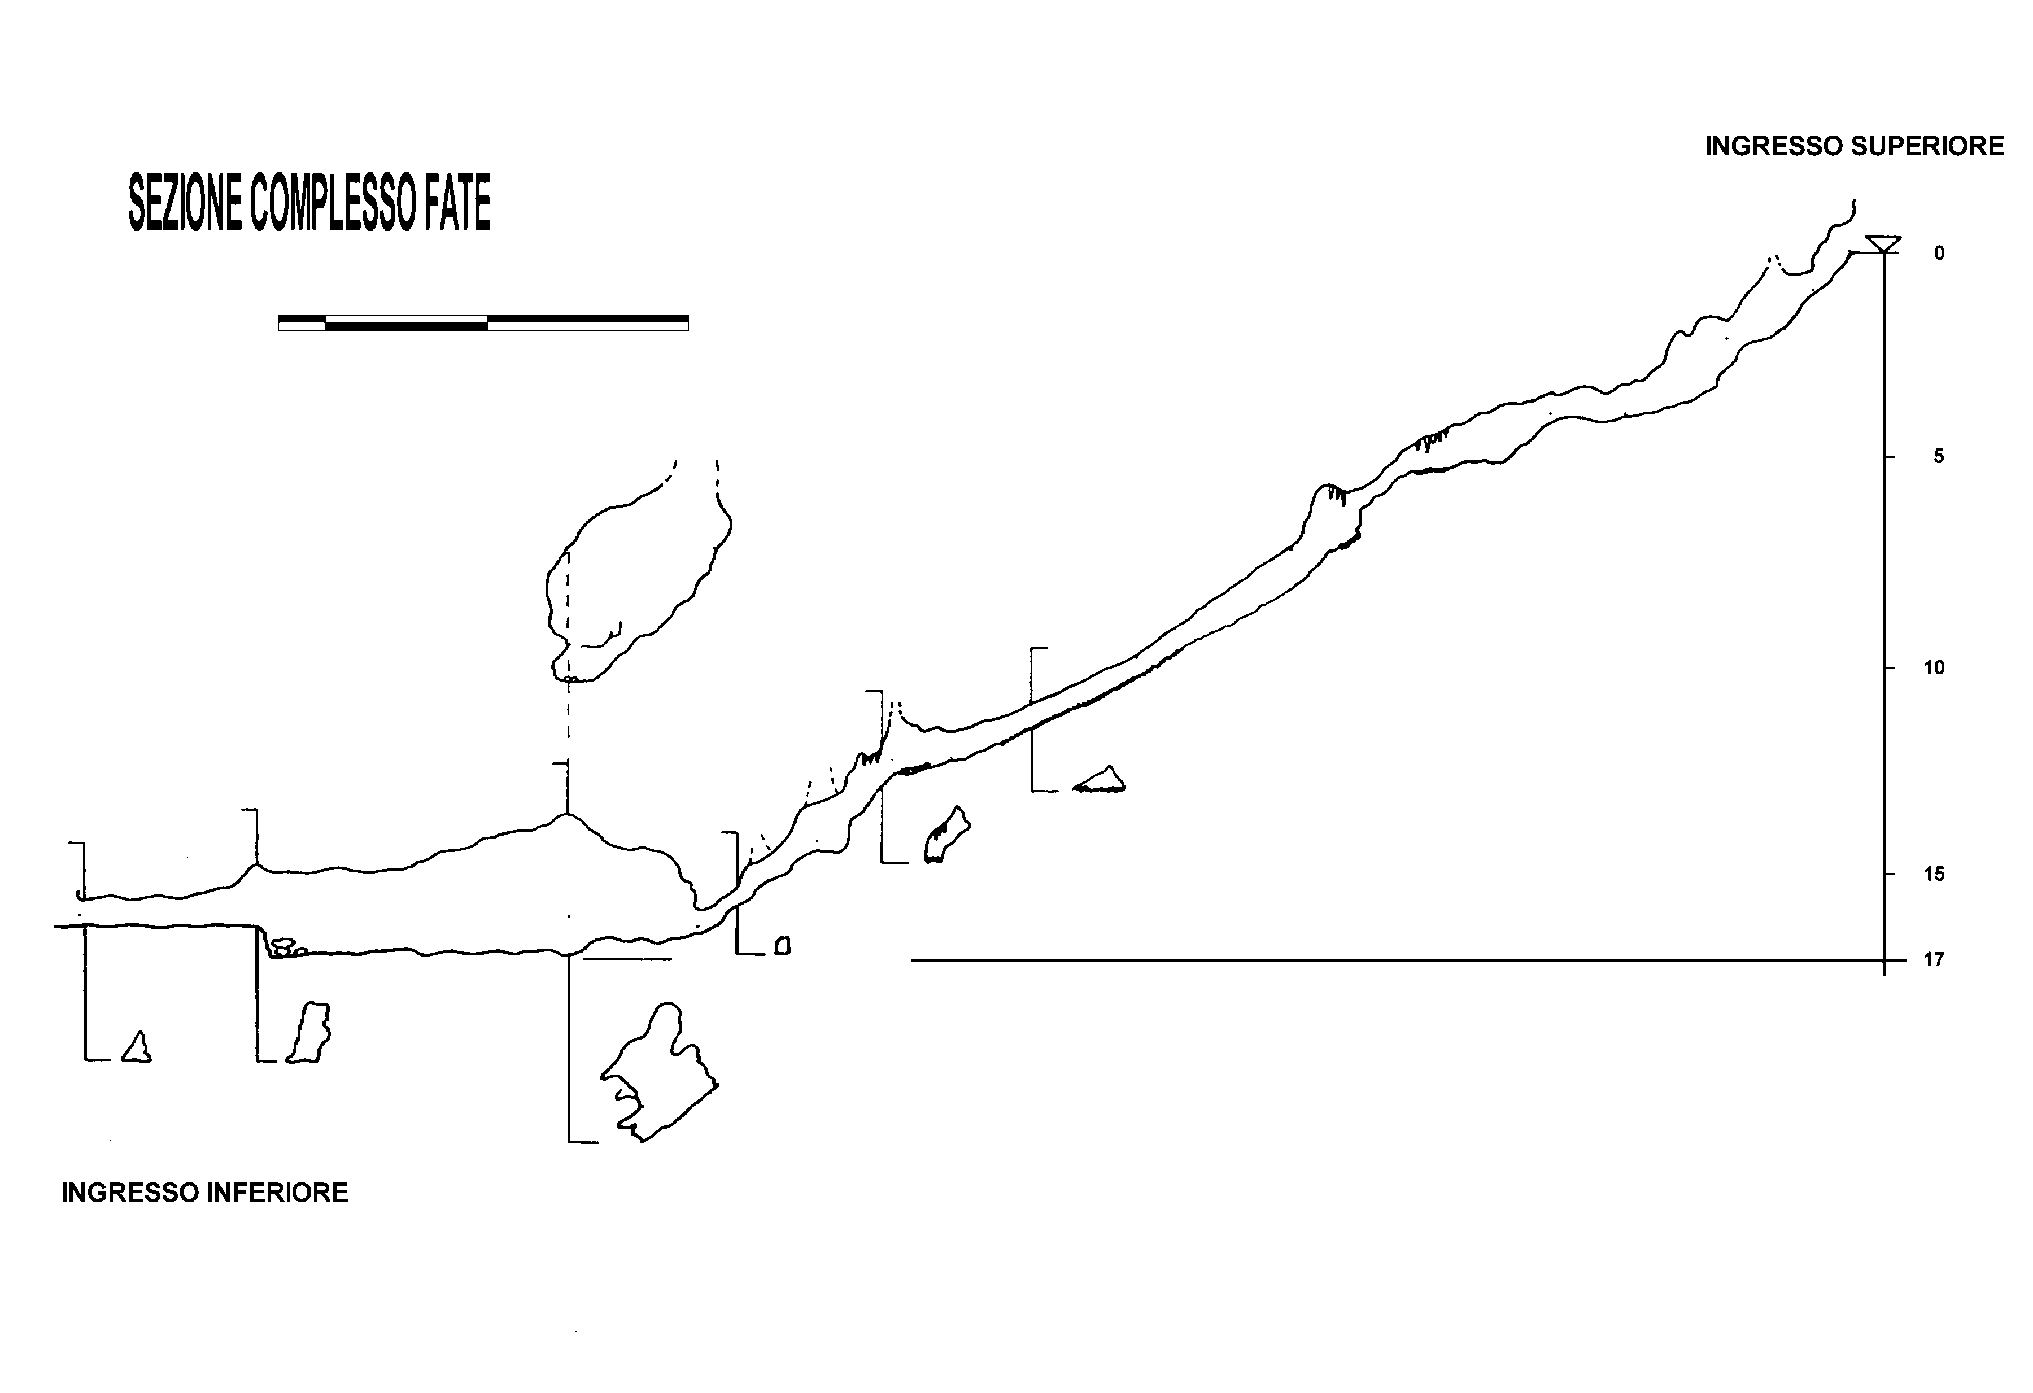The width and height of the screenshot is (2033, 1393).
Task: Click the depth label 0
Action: click(x=1939, y=254)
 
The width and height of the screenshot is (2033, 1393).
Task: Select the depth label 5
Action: click(x=1939, y=456)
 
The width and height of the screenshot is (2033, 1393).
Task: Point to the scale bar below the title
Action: click(x=483, y=322)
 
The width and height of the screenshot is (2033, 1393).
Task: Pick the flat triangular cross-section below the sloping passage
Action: click(x=1101, y=779)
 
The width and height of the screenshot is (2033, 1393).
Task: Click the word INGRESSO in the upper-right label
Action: click(x=1759, y=146)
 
